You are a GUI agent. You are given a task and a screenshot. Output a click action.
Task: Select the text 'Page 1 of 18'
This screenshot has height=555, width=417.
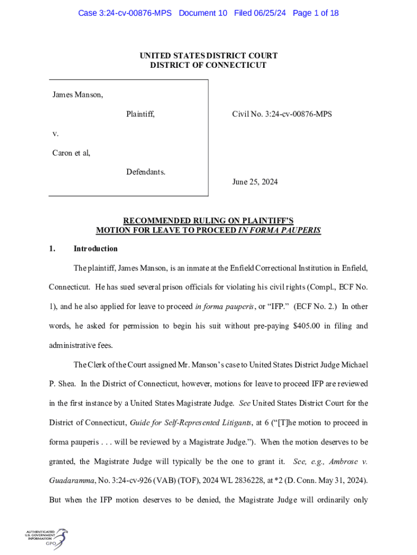pos(316,13)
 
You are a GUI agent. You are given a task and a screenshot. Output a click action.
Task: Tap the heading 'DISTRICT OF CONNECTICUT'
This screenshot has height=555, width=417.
pos(208,65)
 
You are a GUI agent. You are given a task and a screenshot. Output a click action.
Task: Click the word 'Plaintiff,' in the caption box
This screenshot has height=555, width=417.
pos(140,114)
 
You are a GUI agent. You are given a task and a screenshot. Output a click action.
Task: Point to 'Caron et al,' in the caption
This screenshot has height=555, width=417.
pos(71,153)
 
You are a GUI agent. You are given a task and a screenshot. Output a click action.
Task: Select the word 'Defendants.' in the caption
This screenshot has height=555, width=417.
pos(146,172)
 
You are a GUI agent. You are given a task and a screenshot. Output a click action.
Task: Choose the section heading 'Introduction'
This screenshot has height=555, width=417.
pos(95,249)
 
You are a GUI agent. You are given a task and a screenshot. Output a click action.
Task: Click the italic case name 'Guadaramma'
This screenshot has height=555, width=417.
pos(70,481)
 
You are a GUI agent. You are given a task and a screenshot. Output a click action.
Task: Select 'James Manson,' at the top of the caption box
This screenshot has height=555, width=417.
pos(77,95)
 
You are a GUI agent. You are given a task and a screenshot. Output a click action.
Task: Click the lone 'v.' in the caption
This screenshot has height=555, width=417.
pos(56,133)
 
